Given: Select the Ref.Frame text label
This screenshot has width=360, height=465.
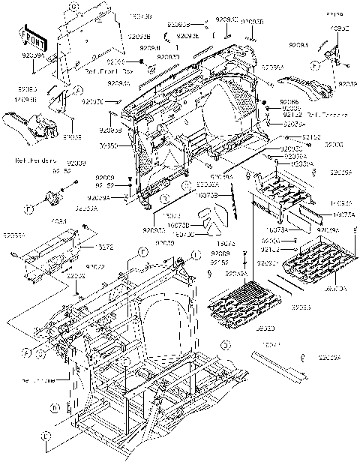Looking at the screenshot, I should (x=38, y=379).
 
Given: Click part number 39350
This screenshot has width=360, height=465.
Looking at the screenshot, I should (x=108, y=145).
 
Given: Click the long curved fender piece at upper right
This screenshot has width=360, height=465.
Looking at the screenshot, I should (x=310, y=87).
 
